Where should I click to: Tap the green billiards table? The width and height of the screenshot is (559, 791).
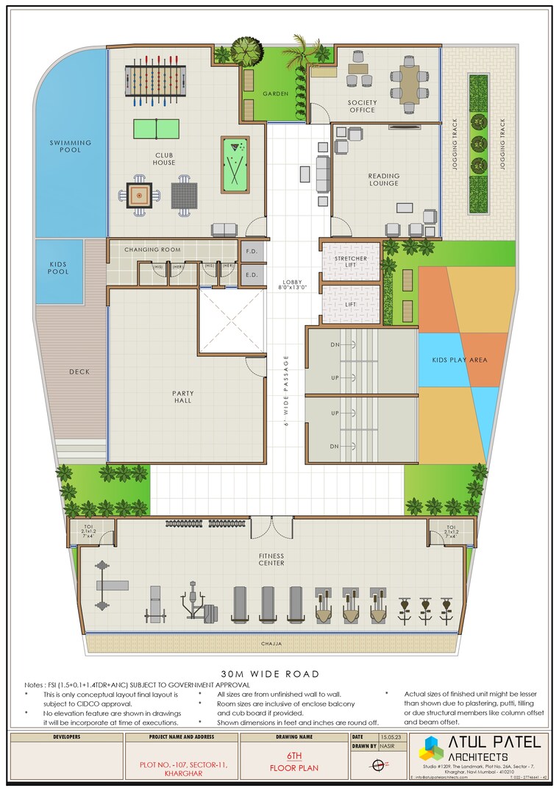(x=235, y=166)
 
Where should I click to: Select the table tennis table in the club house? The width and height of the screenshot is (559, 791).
(x=156, y=129)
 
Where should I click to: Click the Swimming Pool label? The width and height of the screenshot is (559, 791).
(x=71, y=146)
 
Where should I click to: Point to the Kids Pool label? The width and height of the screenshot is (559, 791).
(x=59, y=268)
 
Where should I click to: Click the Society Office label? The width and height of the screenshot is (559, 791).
(x=362, y=106)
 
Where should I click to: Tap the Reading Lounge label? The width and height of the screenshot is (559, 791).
(x=384, y=180)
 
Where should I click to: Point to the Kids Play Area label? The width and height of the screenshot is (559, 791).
(x=459, y=361)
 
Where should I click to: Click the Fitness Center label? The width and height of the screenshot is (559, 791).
(x=271, y=559)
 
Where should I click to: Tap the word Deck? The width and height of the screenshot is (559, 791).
(x=79, y=372)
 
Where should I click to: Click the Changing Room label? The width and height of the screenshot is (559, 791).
(x=152, y=250)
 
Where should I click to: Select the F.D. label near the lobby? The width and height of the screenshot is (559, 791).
(x=251, y=252)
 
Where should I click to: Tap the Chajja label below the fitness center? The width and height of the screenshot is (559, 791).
(x=271, y=644)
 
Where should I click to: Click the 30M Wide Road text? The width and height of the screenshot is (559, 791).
(x=270, y=674)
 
